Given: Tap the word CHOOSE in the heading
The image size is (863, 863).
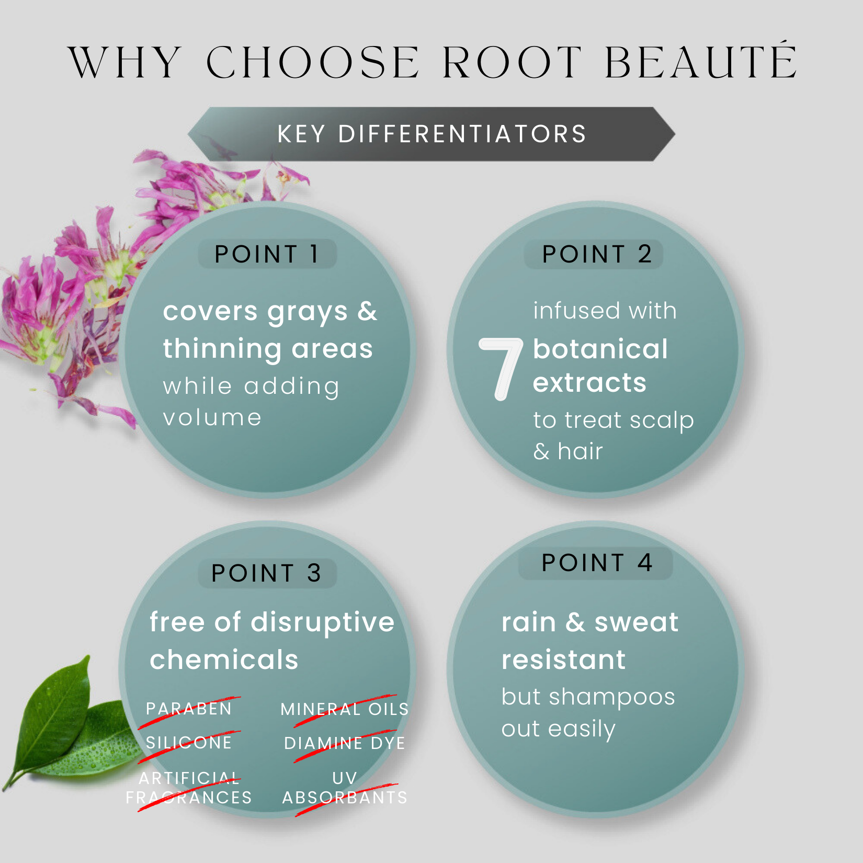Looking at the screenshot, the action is [x=313, y=62].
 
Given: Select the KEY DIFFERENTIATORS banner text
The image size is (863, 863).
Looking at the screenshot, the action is [x=432, y=134].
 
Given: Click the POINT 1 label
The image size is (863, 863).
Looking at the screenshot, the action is [x=267, y=254].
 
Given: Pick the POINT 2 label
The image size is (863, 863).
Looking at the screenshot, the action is [x=597, y=254].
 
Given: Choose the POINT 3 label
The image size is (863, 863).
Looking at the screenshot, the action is [x=266, y=573].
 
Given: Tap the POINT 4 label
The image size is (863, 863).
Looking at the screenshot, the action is [x=597, y=563].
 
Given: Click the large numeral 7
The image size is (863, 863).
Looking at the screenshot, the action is [x=501, y=369].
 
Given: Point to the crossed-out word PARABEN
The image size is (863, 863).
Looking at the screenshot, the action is [x=189, y=709].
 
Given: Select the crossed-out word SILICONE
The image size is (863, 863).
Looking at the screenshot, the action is [x=189, y=743].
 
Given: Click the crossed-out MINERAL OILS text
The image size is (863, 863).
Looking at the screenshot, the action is [x=345, y=709].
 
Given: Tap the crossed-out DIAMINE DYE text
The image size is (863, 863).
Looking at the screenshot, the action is [x=345, y=743].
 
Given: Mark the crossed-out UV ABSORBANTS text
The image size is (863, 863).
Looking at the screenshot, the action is [x=345, y=788].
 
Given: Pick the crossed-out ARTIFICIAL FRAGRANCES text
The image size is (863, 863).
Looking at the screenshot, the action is [x=189, y=788].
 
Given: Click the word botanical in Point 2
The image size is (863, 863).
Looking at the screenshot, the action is [x=600, y=349].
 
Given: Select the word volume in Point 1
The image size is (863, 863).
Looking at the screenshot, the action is [x=212, y=418].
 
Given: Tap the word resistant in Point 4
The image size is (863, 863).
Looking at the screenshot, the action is [x=563, y=660].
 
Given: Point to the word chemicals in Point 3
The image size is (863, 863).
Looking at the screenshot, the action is [x=224, y=659].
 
